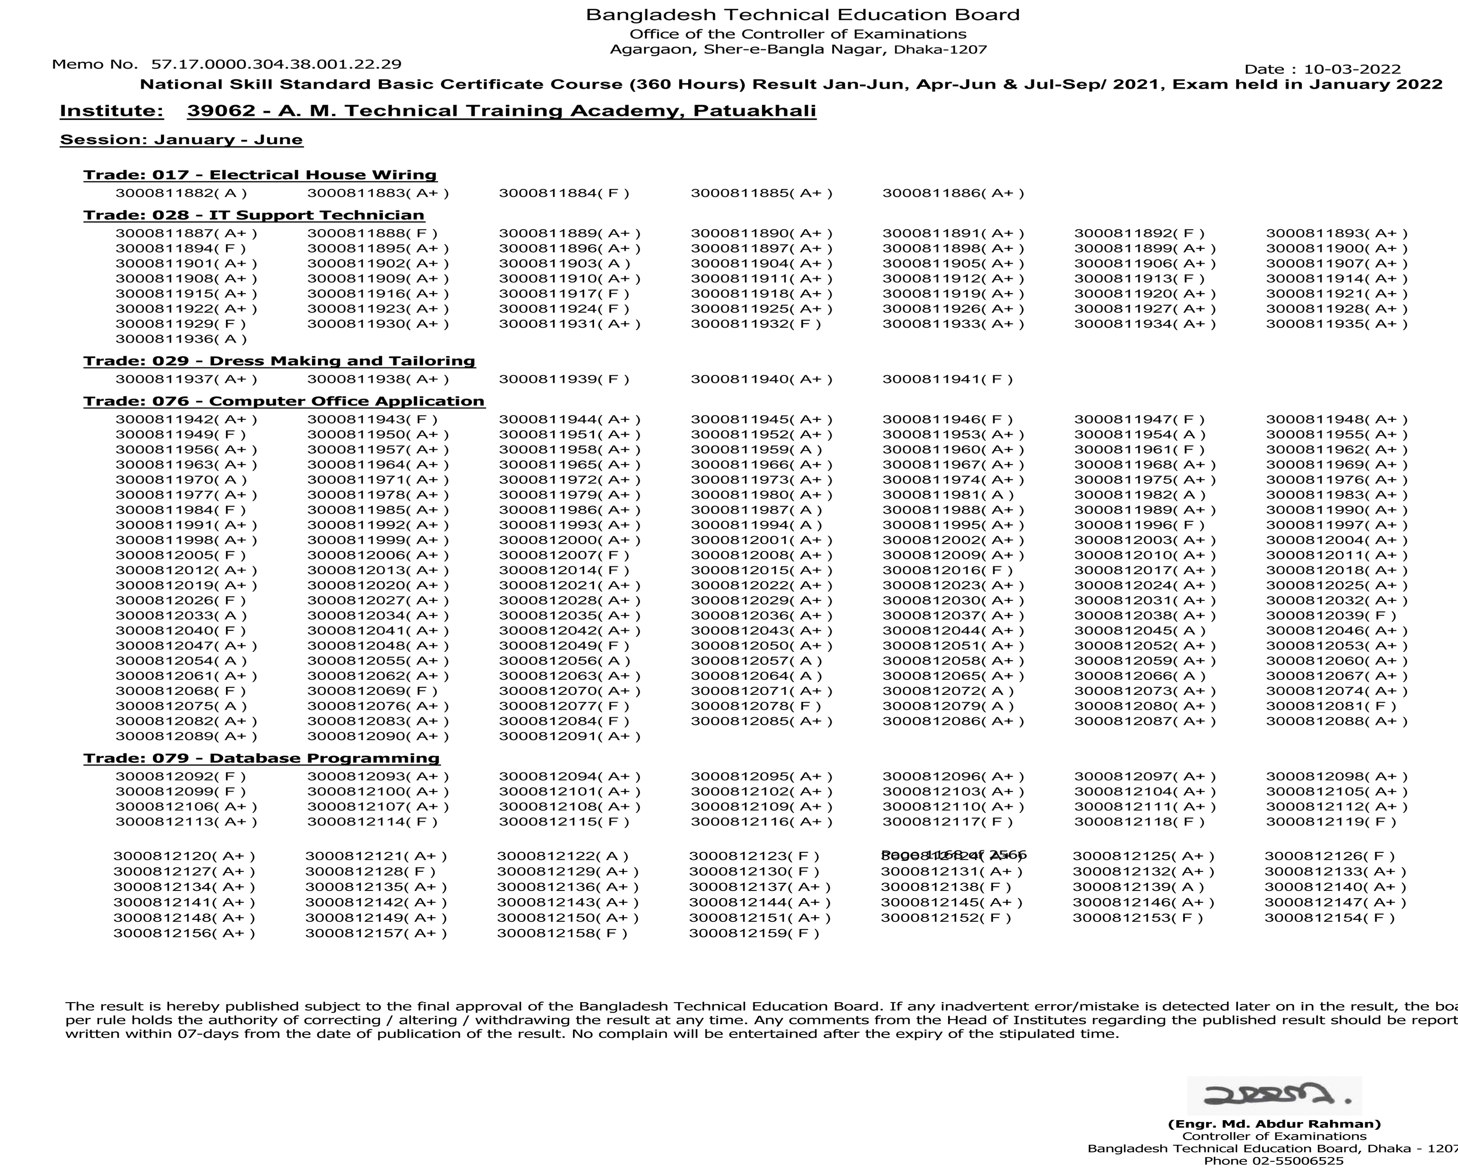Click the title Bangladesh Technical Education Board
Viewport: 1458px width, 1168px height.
(x=802, y=15)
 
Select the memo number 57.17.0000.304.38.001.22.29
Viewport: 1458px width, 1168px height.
(x=276, y=64)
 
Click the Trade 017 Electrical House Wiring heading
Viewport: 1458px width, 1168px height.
(x=260, y=175)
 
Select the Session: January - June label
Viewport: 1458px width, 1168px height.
(x=181, y=140)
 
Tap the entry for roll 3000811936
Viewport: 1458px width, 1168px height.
(x=181, y=339)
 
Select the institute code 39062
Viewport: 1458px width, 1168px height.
(x=212, y=111)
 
